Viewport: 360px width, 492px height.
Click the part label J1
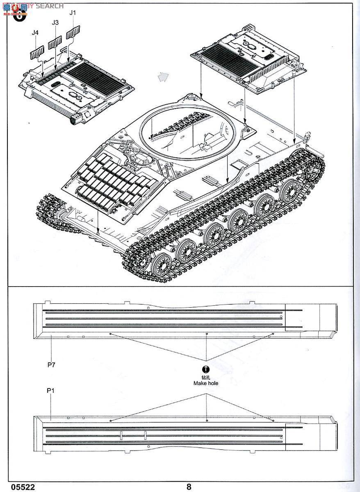tap(73, 13)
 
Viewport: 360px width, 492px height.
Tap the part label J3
tap(55, 23)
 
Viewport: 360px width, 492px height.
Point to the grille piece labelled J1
tap(73, 32)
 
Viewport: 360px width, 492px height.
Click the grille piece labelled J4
tap(36, 52)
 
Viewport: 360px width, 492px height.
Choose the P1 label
tap(50, 391)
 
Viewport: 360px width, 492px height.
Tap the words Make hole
tap(206, 383)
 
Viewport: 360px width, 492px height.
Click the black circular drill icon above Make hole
tap(206, 369)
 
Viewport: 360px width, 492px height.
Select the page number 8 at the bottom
tap(189, 487)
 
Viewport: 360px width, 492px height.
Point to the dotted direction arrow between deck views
tap(163, 77)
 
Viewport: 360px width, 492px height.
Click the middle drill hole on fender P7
tap(207, 334)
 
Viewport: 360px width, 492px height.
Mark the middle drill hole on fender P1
tap(207, 420)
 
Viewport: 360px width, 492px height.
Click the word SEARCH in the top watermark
tap(50, 6)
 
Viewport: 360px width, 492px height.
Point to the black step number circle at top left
tap(19, 16)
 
